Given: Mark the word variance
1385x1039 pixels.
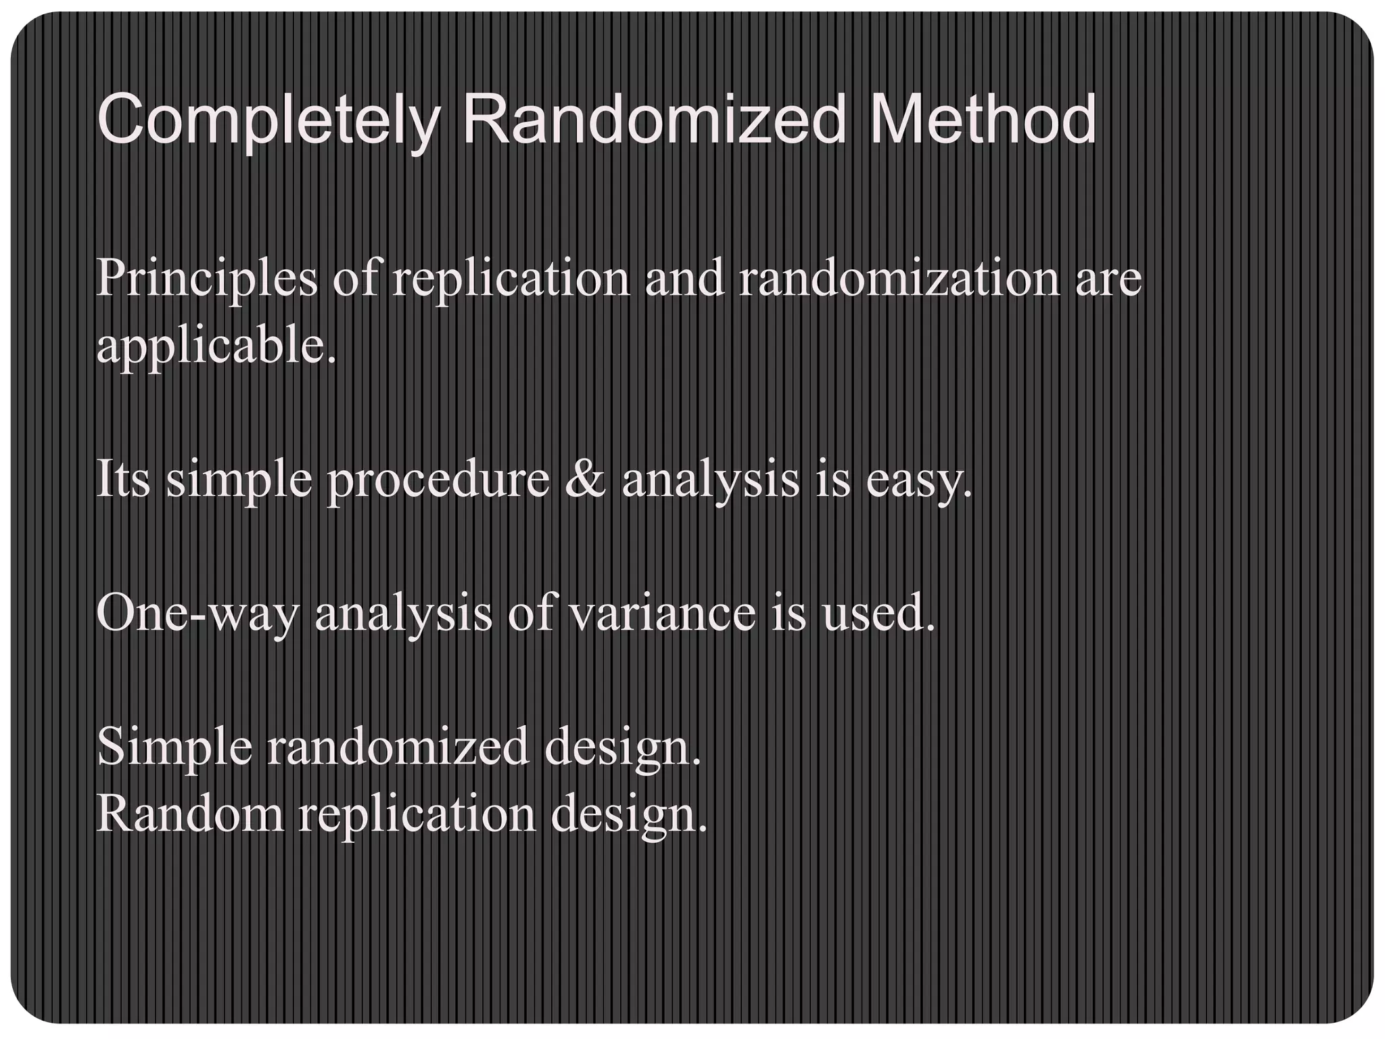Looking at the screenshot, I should tap(661, 613).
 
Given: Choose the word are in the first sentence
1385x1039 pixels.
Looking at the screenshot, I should tap(1108, 279).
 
